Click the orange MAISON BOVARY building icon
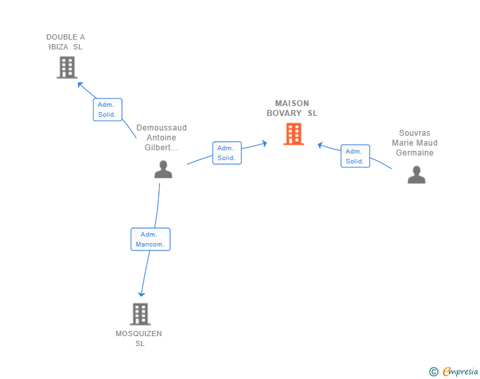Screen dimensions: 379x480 293,134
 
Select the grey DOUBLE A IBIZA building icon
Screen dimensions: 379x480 67,67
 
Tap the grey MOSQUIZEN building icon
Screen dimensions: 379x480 140,314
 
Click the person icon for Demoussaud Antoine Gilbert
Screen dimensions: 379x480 163,169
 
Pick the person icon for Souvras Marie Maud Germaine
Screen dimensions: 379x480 416,175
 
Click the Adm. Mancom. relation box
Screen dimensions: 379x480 150,239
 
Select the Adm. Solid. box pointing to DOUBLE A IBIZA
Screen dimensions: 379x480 107,109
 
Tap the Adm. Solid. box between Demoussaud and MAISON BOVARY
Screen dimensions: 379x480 227,153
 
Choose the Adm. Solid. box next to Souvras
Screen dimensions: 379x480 355,156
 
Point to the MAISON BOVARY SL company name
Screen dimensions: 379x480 292,108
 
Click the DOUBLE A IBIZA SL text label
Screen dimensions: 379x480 65,42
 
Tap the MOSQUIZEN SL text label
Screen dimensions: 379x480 138,338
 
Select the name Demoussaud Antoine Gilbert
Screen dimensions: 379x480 162,137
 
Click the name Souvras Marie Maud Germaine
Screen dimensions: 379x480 415,143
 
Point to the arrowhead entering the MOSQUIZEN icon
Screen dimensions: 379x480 141,293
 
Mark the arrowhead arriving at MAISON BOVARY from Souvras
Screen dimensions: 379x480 320,144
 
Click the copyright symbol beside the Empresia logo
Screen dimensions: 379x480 433,372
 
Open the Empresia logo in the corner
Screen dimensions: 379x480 460,372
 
